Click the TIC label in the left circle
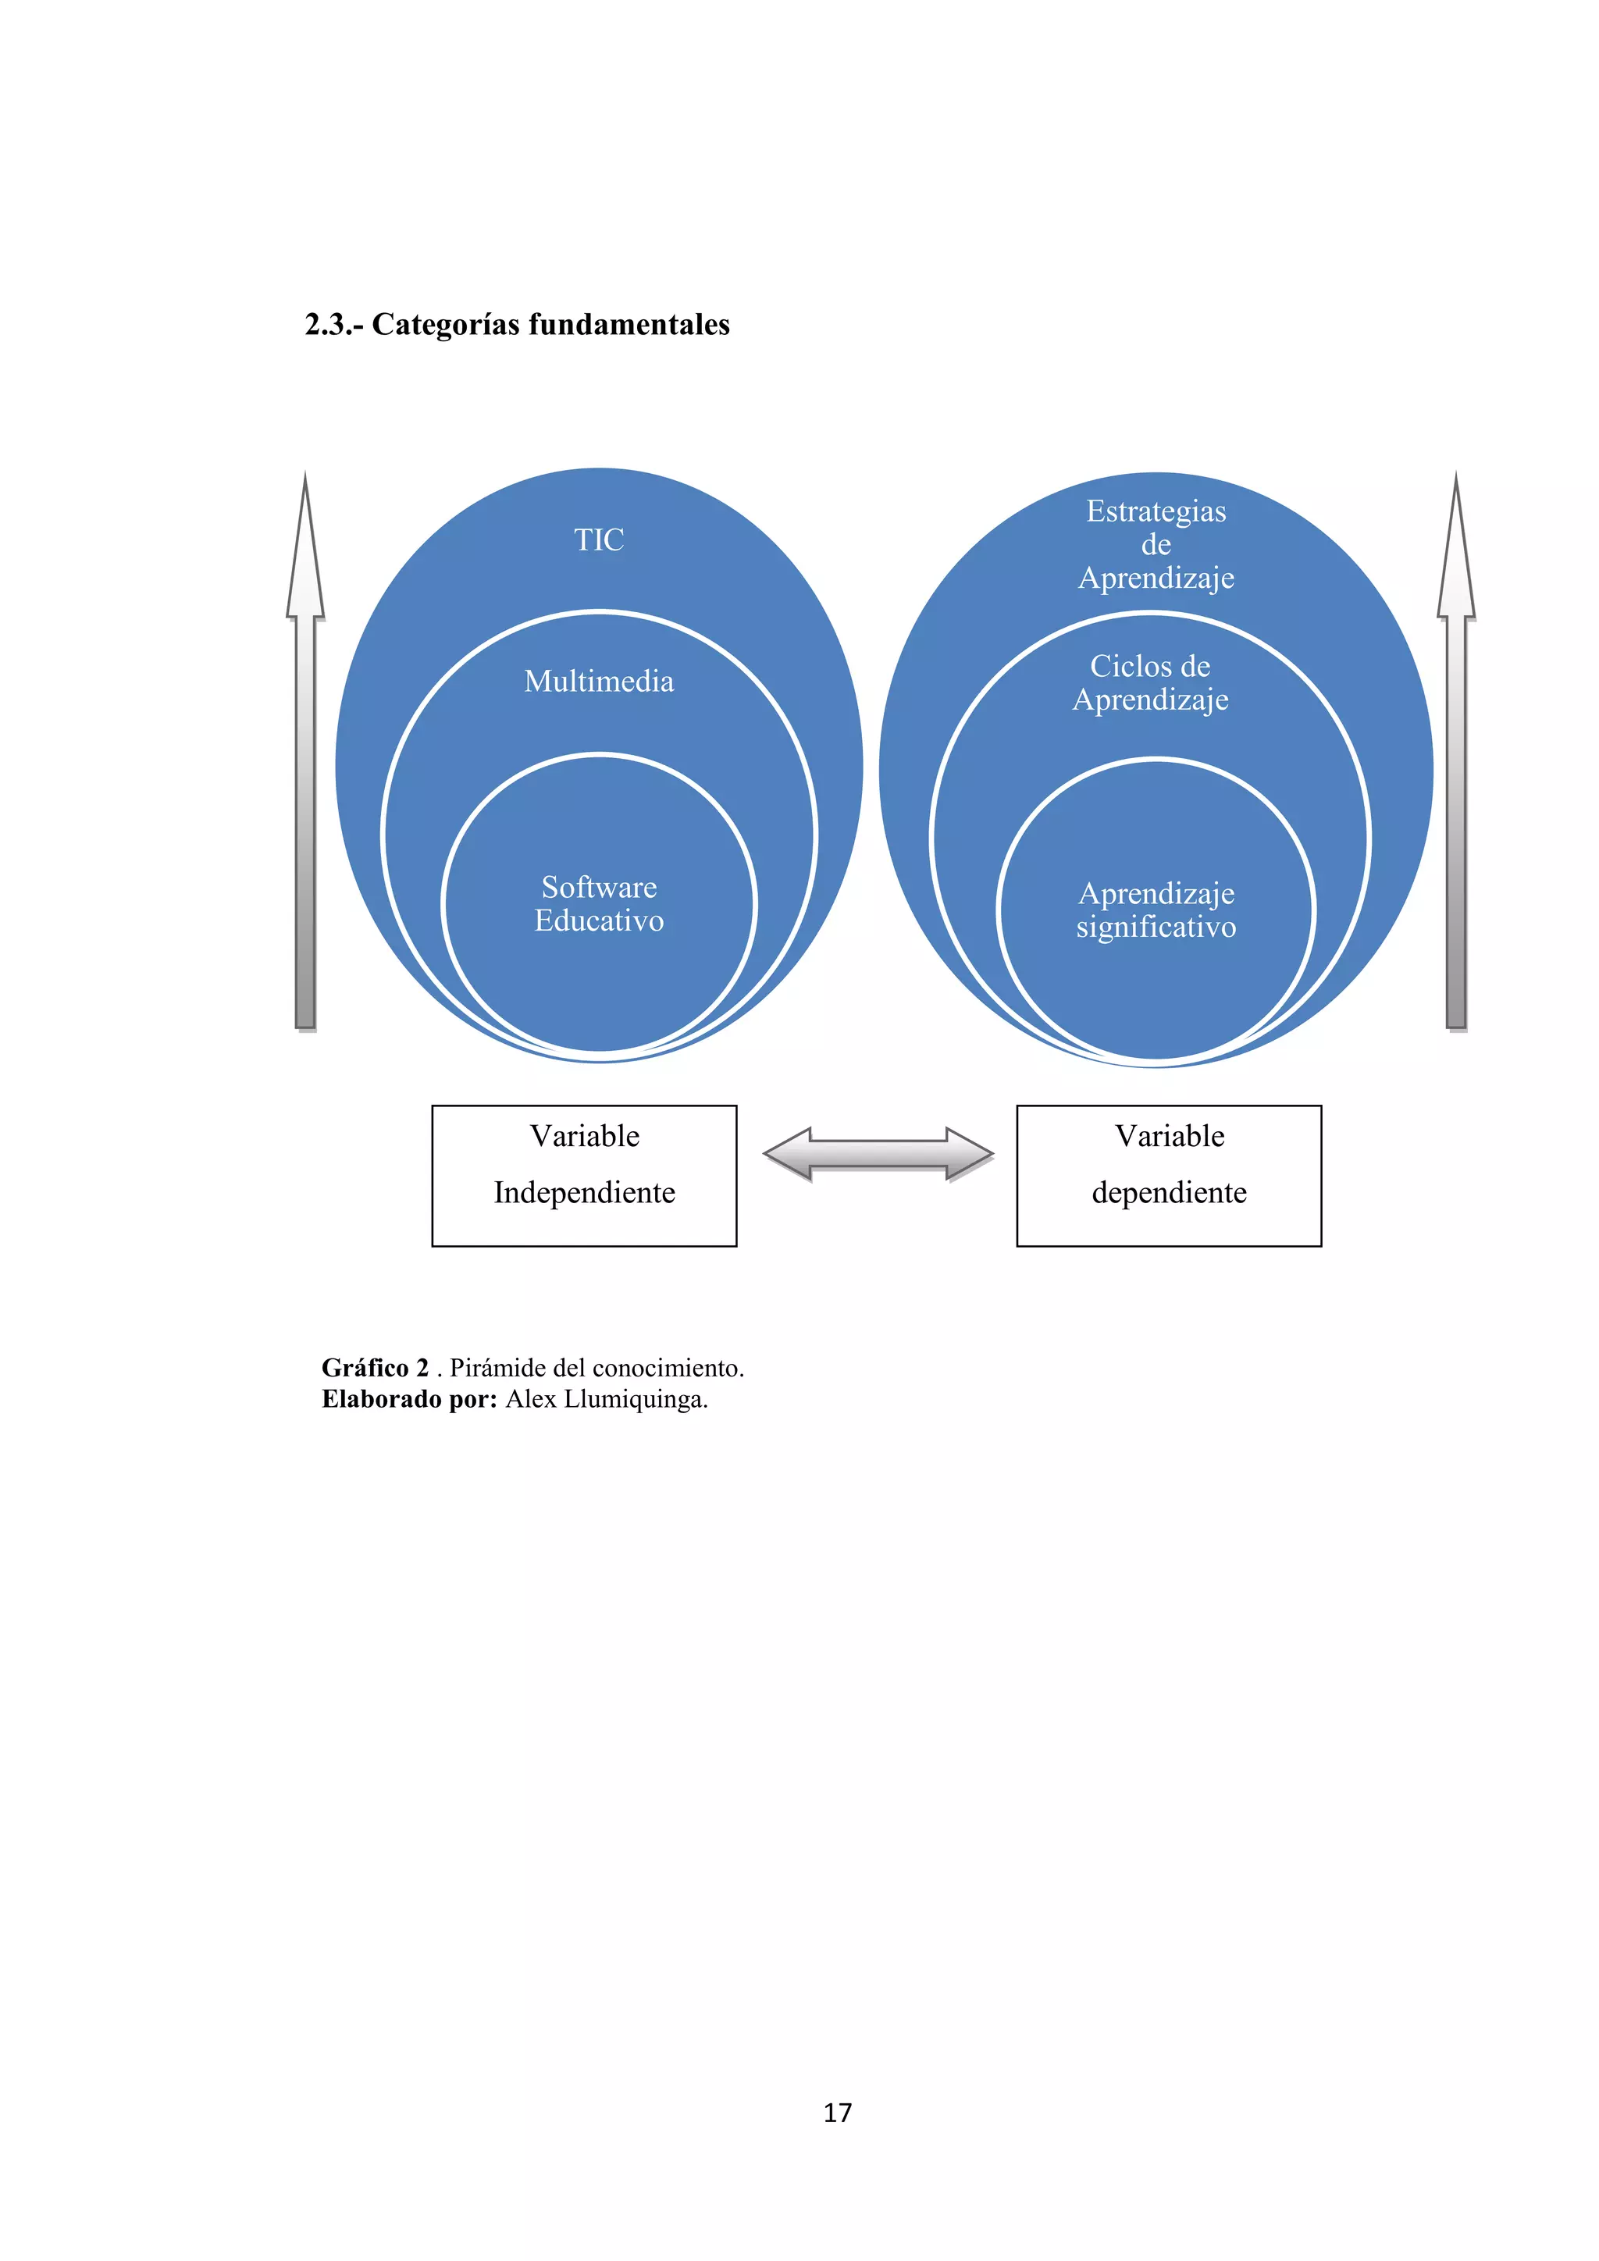click(599, 539)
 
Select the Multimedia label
click(599, 682)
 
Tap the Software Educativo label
click(599, 904)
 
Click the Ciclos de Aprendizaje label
click(1150, 682)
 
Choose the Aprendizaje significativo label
click(1156, 910)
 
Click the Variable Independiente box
click(584, 1175)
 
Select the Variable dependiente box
click(1169, 1175)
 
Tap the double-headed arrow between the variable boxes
click(878, 1153)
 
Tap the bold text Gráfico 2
click(375, 1367)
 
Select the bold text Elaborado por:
click(410, 1398)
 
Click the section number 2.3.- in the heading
click(334, 324)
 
